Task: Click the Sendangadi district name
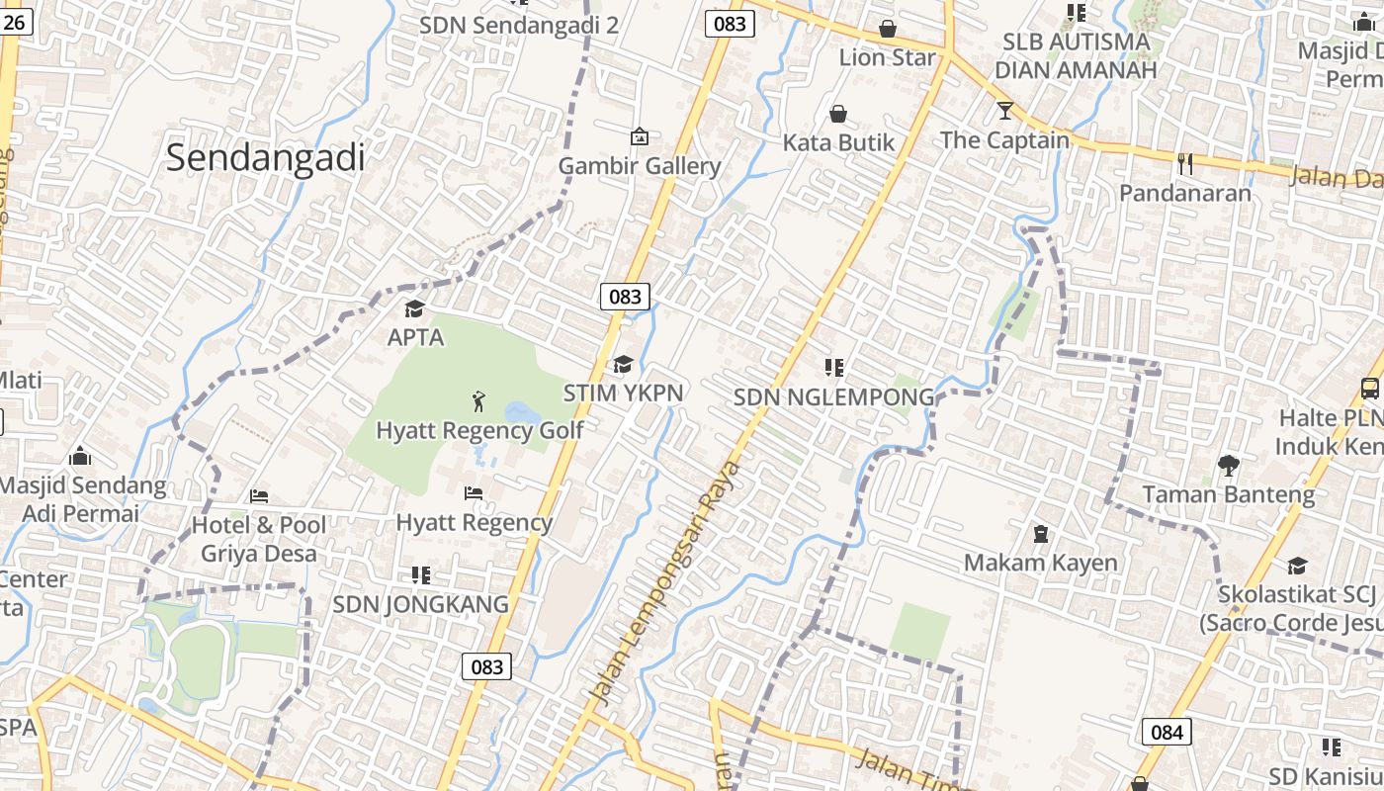(x=265, y=157)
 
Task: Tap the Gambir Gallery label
(x=640, y=165)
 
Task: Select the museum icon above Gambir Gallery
(x=640, y=135)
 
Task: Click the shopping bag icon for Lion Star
(x=888, y=28)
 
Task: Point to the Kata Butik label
(x=838, y=142)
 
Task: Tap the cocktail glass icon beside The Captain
(x=1005, y=110)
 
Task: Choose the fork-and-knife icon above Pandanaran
(x=1185, y=163)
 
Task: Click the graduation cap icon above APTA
(x=415, y=308)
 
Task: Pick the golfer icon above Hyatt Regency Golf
(x=479, y=401)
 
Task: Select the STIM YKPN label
(x=623, y=393)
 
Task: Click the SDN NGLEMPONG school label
(x=833, y=396)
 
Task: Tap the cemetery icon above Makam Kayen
(x=1040, y=534)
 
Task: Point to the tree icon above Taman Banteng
(x=1228, y=465)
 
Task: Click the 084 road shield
(x=1167, y=732)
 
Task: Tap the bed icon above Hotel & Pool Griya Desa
(x=259, y=495)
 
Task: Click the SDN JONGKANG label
(x=420, y=603)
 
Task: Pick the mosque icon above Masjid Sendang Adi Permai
(x=80, y=456)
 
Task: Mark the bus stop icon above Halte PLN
(x=1370, y=389)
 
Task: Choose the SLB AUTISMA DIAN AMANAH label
(x=1075, y=56)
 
